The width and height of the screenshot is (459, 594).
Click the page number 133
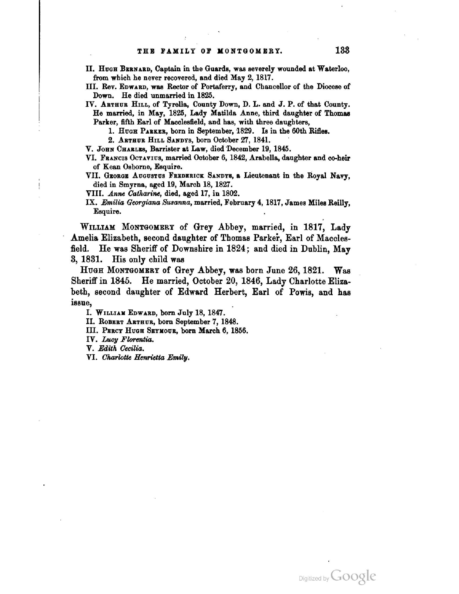click(x=342, y=50)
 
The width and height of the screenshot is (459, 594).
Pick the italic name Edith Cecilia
click(x=121, y=348)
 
